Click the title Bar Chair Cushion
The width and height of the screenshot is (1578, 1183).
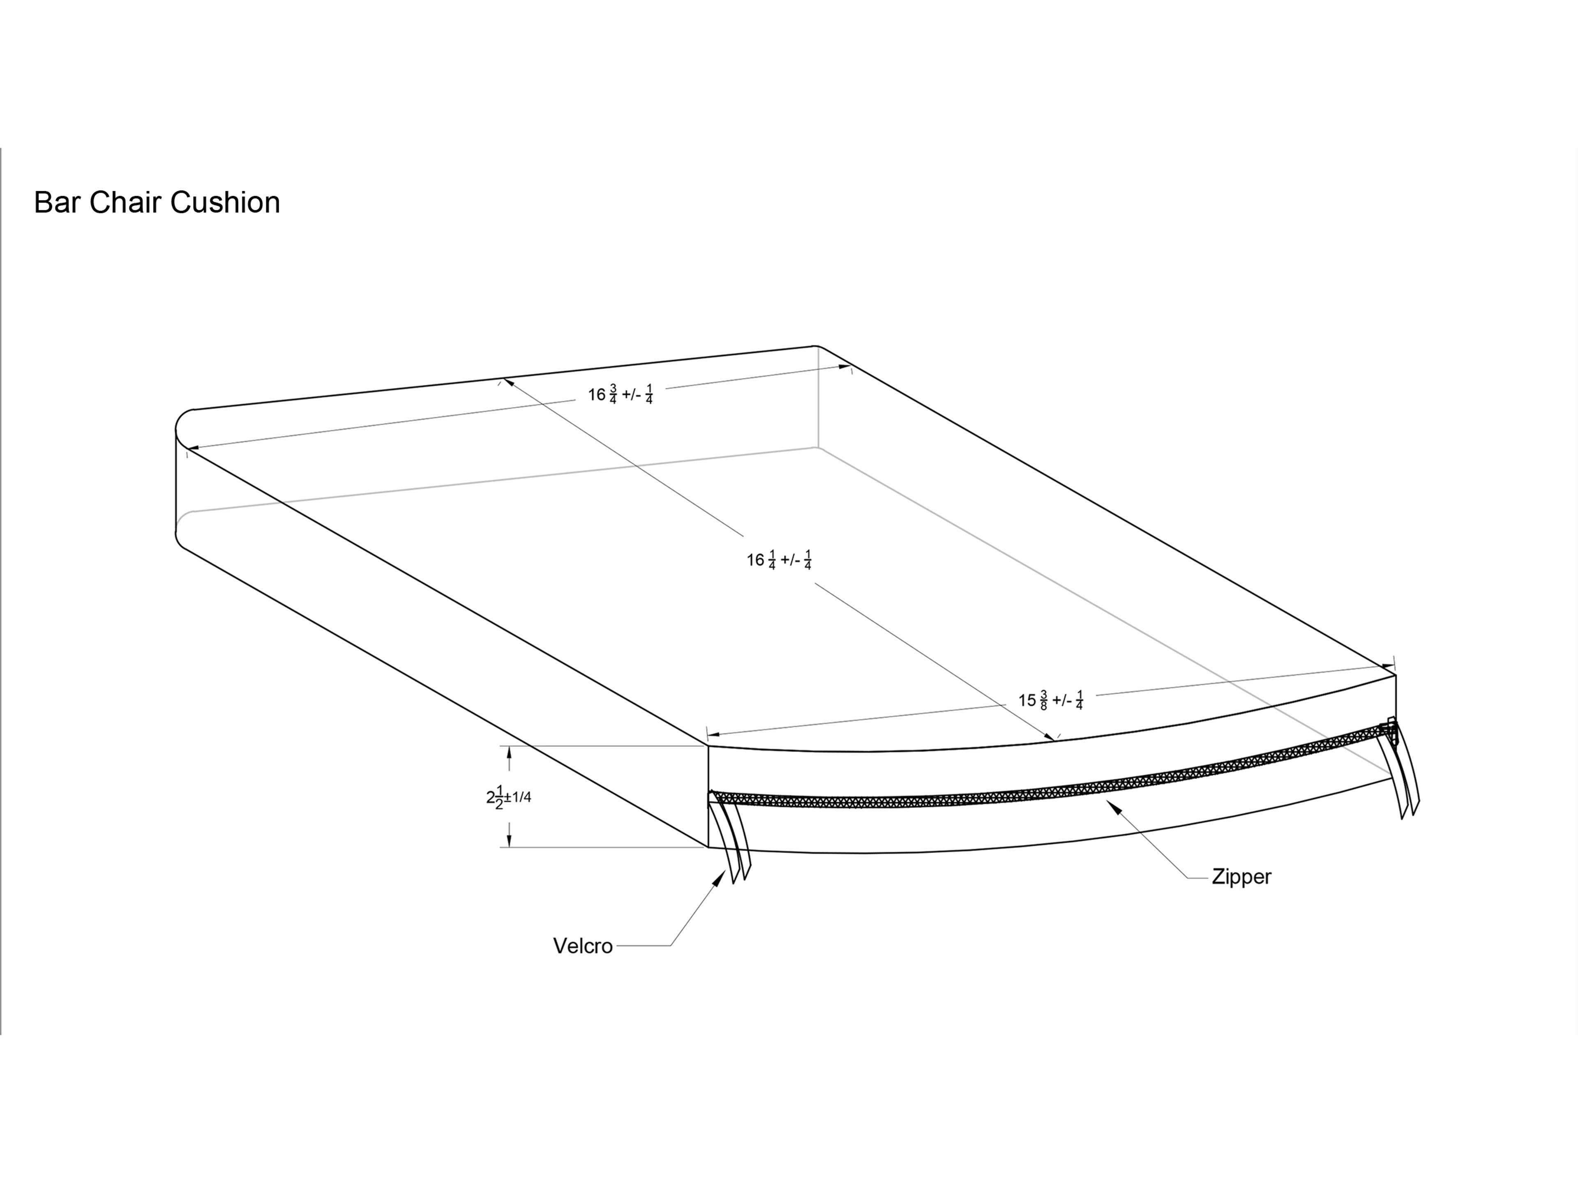point(157,203)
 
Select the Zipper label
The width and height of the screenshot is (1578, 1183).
point(1241,877)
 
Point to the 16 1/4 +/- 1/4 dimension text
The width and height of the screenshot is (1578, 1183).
point(779,560)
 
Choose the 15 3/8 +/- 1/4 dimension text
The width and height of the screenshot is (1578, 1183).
point(1050,700)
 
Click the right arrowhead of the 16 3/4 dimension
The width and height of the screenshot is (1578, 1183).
point(844,368)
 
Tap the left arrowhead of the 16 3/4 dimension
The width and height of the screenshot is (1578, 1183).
point(193,448)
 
